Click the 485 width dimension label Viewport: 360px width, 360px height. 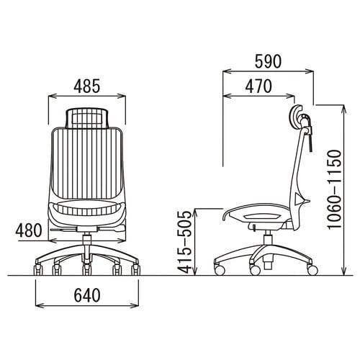tap(86, 86)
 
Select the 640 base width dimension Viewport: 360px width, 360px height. tap(87, 295)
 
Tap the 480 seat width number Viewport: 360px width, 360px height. tap(29, 230)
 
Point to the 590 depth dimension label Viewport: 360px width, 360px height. tap(268, 61)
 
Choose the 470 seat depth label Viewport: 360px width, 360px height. tap(258, 86)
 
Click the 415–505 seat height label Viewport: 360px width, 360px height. tap(185, 243)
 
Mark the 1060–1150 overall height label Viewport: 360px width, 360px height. tap(334, 190)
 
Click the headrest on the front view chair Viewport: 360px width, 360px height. tap(86, 118)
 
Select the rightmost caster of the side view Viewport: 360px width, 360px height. tap(312, 270)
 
